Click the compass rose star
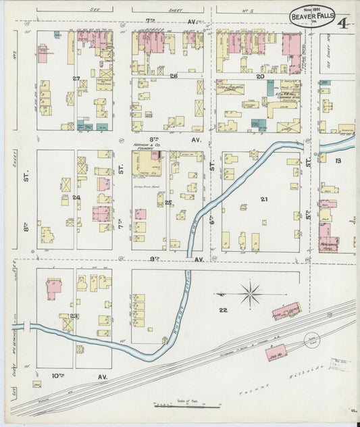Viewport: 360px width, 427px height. pyautogui.click(x=250, y=294)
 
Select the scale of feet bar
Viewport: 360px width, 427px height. pyautogui.click(x=186, y=406)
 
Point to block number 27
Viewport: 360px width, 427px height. pyautogui.click(x=76, y=79)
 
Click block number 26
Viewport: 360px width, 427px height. pyautogui.click(x=174, y=76)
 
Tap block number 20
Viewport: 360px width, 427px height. pyautogui.click(x=260, y=76)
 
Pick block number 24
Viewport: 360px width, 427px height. pyautogui.click(x=76, y=198)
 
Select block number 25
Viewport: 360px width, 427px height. pyautogui.click(x=168, y=202)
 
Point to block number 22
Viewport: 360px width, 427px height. pyautogui.click(x=224, y=309)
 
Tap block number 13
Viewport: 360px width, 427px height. pyautogui.click(x=338, y=160)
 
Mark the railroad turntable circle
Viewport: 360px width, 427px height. pyautogui.click(x=313, y=343)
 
